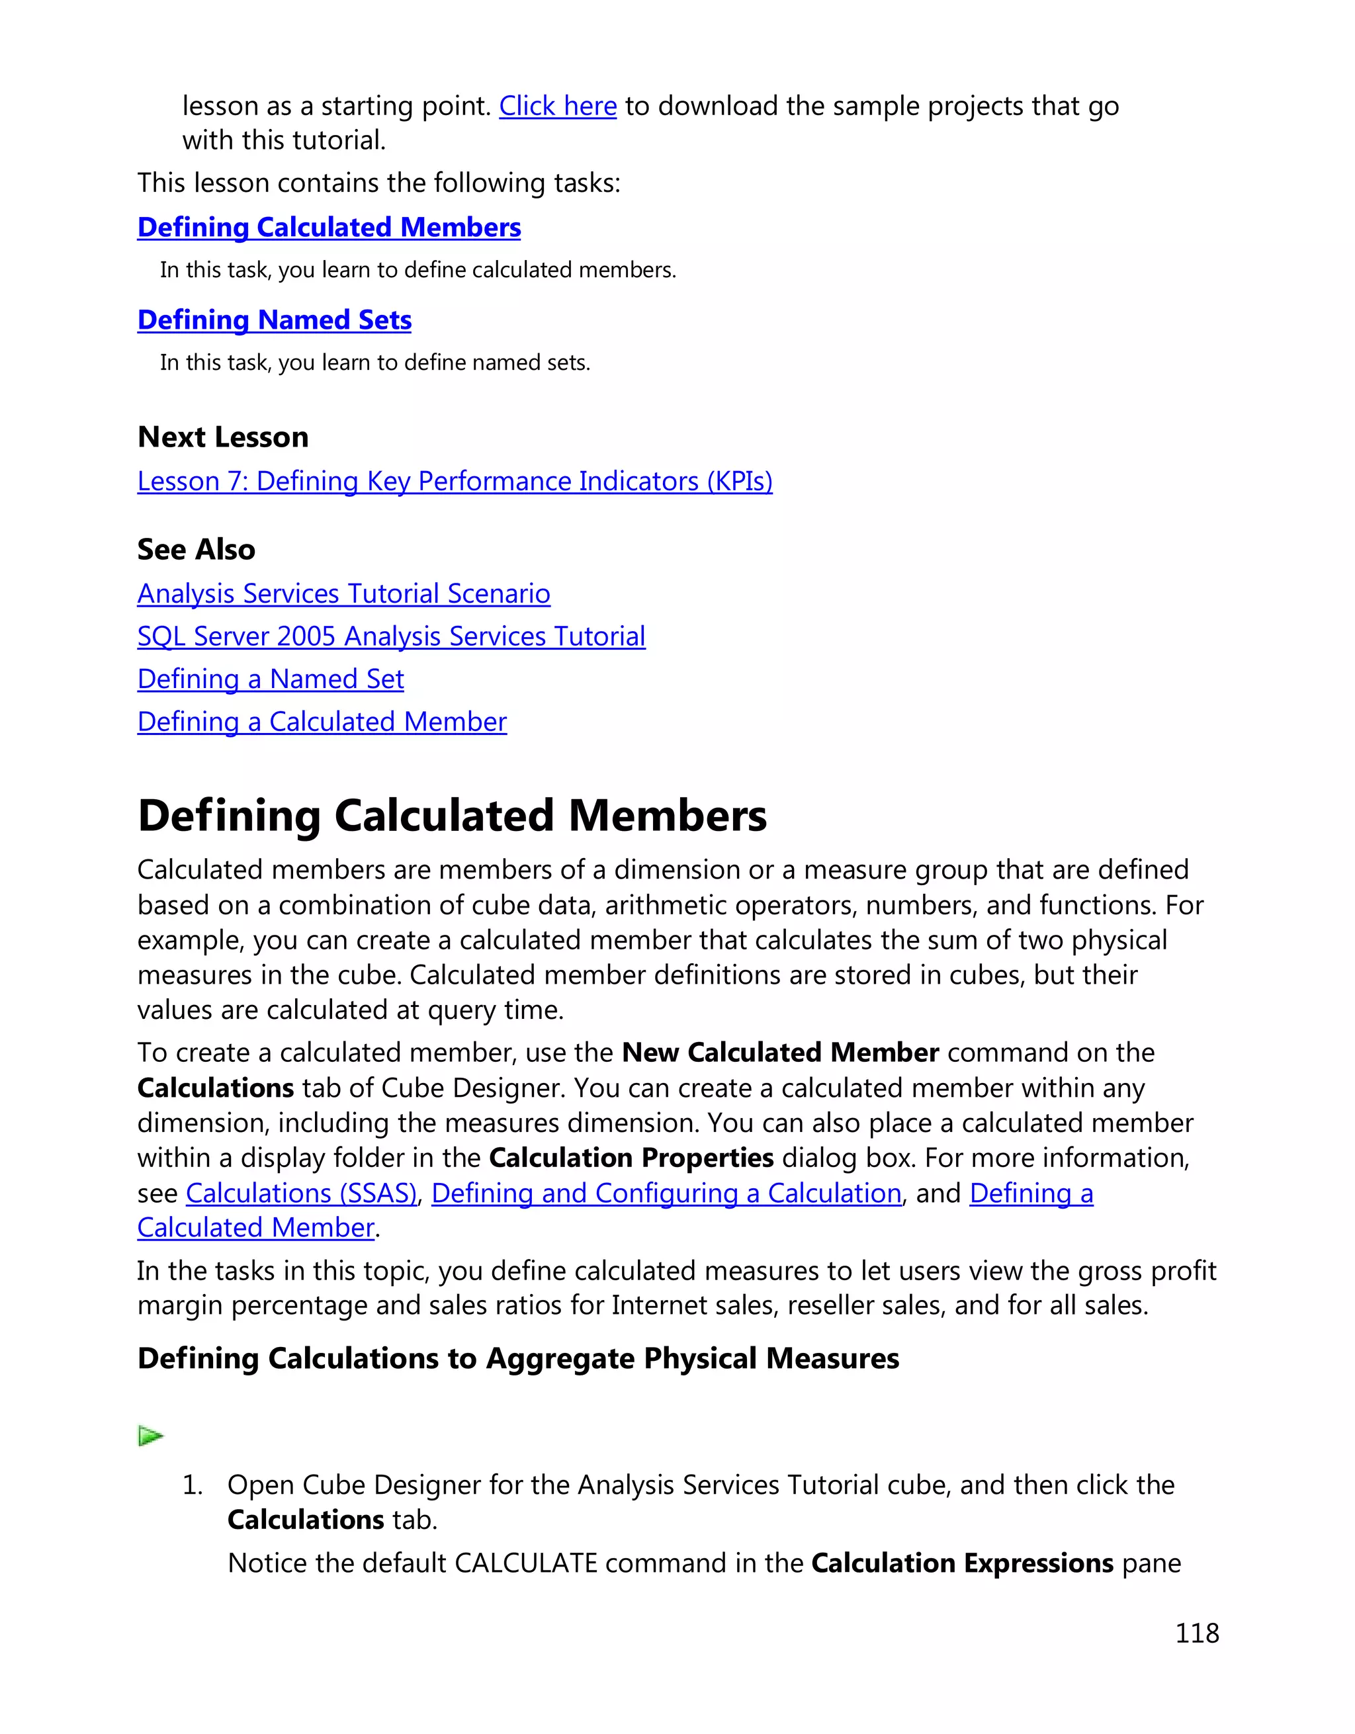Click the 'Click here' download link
pos(557,106)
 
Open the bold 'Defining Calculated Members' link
pos(329,227)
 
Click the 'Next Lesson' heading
pos(222,437)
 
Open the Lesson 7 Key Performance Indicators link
pos(454,481)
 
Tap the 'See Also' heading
pos(196,549)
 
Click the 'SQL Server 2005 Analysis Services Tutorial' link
pos(390,636)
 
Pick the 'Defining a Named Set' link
pos(270,679)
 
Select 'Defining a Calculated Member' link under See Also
pos(322,722)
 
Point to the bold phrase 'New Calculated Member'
pos(779,1052)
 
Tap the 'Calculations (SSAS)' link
pos(301,1193)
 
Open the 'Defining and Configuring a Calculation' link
pos(666,1193)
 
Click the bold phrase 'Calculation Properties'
pos(631,1158)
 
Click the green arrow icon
pos(150,1436)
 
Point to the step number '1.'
pos(193,1485)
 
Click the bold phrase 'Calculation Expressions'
pos(961,1563)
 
